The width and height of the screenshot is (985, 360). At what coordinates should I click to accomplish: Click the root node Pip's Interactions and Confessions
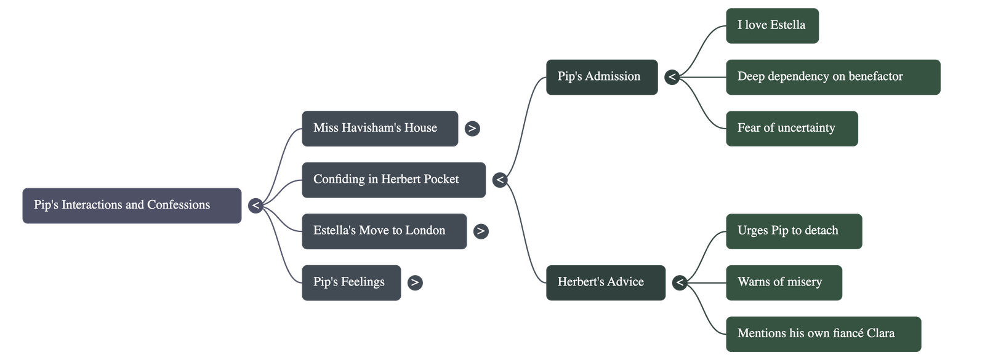132,206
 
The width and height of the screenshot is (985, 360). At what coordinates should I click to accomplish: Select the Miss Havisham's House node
379,129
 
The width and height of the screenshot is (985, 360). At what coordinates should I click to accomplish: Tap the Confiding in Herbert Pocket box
393,180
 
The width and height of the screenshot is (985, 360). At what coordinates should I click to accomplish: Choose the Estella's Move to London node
384,231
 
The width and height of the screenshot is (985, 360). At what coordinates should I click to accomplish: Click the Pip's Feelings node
351,282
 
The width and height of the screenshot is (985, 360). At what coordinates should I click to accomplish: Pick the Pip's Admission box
601,77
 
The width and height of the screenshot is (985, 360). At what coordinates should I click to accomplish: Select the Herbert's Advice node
605,282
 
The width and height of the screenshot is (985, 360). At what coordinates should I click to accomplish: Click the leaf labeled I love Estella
772,26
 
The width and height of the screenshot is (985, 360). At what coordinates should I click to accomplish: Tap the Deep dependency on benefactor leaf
832,77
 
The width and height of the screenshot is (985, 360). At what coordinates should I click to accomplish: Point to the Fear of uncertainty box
791,129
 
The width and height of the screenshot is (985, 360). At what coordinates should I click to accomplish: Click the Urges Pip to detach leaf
793,231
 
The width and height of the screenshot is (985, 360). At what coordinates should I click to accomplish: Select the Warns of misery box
784,282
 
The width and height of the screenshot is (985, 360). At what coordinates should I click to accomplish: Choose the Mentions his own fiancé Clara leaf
823,334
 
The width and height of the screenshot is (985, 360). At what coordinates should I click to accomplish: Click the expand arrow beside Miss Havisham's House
472,129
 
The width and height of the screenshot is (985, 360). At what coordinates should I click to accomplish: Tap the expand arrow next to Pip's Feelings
415,282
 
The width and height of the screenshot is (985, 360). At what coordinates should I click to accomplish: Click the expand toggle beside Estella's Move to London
481,231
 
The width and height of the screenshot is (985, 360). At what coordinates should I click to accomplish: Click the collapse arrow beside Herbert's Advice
680,282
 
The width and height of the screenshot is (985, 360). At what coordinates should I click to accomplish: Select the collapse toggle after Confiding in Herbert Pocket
500,180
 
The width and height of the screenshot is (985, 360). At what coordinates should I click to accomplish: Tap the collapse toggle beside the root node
255,206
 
